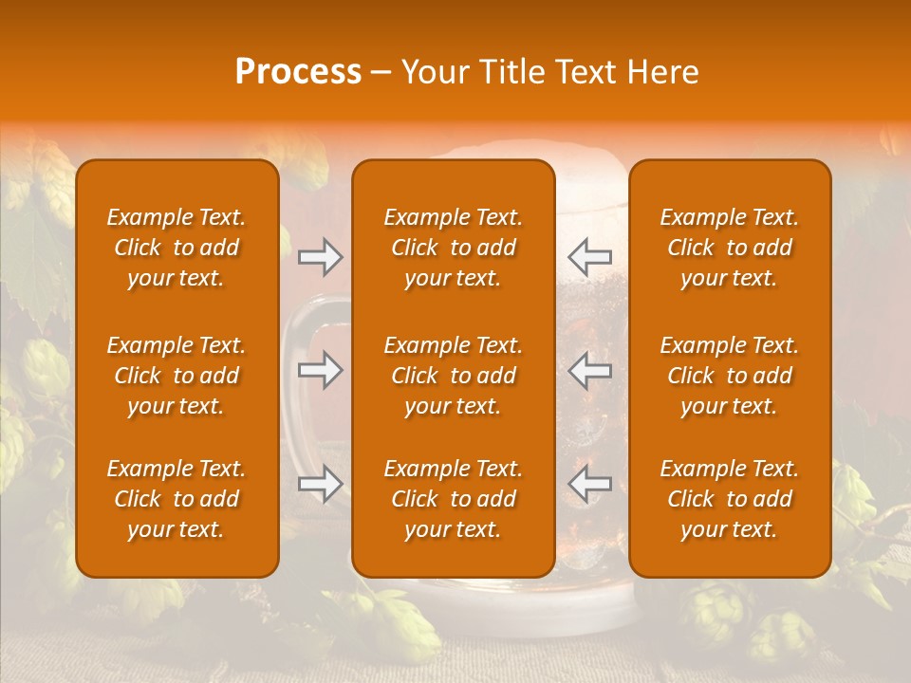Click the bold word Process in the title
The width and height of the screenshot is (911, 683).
click(298, 72)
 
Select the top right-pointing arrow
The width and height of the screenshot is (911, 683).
click(320, 256)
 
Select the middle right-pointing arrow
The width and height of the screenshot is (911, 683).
click(320, 370)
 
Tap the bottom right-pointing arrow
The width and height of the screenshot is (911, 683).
click(320, 484)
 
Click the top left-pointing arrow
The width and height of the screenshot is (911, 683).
click(589, 256)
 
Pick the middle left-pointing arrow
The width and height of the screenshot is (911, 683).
click(589, 370)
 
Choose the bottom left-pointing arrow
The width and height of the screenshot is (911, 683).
click(589, 484)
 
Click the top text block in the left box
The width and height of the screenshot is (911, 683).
click(177, 248)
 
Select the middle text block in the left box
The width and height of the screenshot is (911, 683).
click(177, 376)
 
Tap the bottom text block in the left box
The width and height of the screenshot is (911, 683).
click(177, 499)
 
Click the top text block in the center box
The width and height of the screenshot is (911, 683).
click(453, 248)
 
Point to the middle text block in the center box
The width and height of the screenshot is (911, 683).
click(453, 376)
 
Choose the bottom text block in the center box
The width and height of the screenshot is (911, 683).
click(453, 499)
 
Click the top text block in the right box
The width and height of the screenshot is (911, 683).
click(729, 248)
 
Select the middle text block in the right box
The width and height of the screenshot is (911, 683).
click(729, 376)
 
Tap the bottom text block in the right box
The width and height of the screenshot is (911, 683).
click(729, 499)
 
